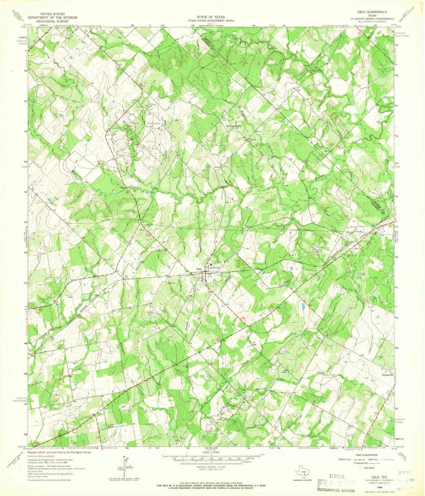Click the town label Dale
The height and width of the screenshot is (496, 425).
pos(199,269)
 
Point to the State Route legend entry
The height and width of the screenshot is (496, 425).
pos(370,468)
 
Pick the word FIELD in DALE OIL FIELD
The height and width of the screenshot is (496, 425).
pos(351,255)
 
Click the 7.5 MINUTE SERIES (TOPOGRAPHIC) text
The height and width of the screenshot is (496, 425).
pos(373,18)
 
